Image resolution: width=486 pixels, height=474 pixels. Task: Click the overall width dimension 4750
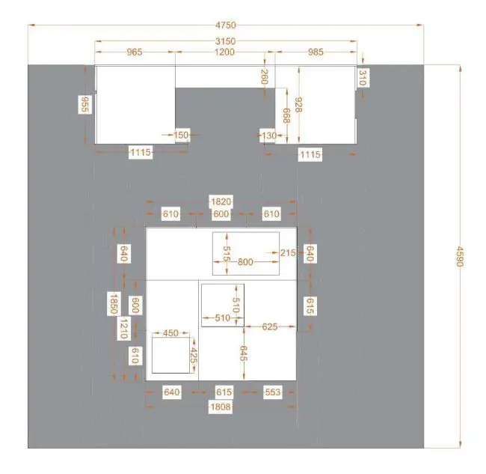coord(226,25)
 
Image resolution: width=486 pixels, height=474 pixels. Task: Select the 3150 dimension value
coord(225,41)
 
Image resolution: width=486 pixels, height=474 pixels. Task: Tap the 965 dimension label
coord(135,52)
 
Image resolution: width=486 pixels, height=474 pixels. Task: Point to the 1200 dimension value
coord(224,52)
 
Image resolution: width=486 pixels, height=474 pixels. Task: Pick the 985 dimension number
coord(316,52)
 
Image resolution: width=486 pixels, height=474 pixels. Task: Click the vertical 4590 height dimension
coord(459,256)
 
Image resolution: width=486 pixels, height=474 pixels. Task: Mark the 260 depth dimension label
coord(264,77)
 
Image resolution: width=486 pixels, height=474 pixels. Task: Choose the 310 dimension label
coord(363,78)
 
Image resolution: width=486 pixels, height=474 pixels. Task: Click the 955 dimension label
coord(84,104)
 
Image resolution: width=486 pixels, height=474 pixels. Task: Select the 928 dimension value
coord(298,105)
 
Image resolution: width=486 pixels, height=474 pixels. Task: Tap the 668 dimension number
coord(286,115)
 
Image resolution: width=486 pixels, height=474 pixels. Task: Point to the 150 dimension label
coord(181,135)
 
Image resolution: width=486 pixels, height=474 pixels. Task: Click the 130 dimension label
coord(269,136)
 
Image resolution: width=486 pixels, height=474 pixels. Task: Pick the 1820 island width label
coord(221,201)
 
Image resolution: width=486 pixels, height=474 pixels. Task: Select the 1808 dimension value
coord(221,407)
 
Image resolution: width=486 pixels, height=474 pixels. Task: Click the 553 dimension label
coord(273,392)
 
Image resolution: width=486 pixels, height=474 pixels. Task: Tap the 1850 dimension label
coord(114,304)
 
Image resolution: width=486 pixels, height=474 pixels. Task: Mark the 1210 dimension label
coord(123,329)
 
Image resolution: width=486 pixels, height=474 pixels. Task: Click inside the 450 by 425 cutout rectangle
coord(170,356)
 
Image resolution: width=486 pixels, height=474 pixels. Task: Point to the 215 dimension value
coord(288,253)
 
